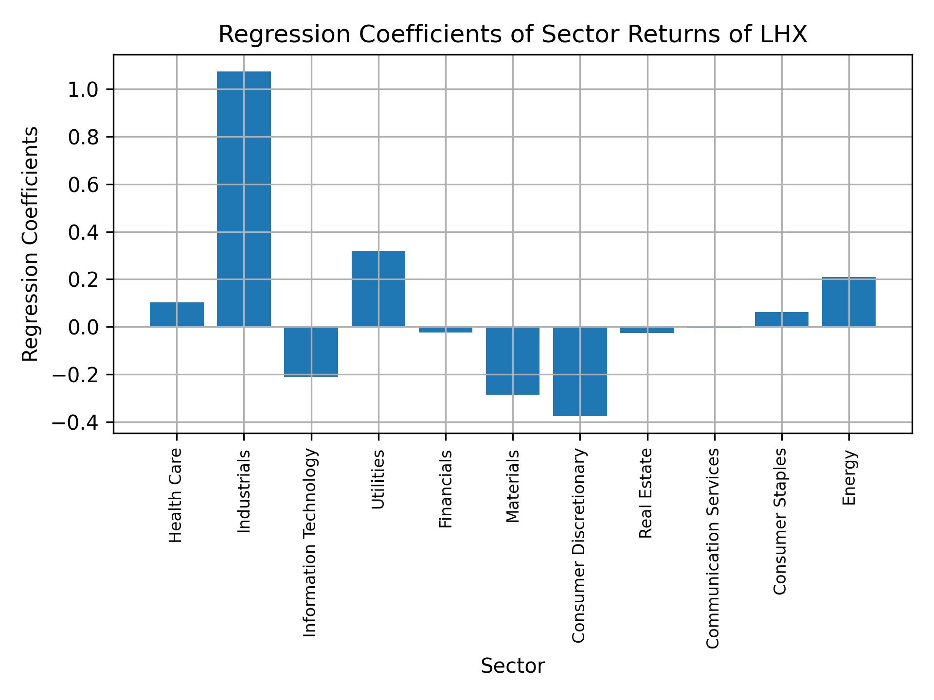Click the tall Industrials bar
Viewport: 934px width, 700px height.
click(244, 199)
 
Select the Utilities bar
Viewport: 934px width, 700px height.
click(378, 289)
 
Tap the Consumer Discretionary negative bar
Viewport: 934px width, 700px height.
click(580, 371)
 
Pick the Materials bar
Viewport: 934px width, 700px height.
click(513, 361)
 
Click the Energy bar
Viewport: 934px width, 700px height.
click(848, 302)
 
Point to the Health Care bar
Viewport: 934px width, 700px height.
click(177, 315)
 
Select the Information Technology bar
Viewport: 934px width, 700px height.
click(311, 351)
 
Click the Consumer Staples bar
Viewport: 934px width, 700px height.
click(781, 319)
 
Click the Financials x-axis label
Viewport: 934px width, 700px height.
click(446, 489)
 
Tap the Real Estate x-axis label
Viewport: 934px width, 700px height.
click(646, 493)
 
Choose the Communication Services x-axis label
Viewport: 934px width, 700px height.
click(713, 548)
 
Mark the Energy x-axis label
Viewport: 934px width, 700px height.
click(849, 478)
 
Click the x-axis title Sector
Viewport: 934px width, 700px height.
click(513, 666)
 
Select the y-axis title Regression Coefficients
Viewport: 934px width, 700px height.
click(31, 244)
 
